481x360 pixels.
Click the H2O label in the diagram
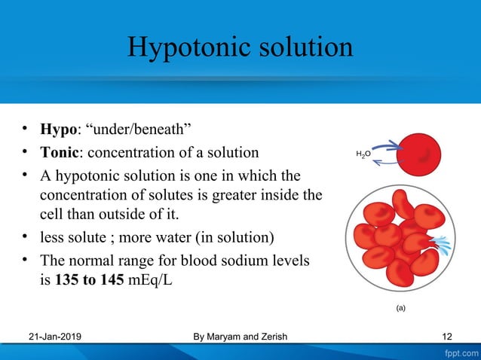[363, 154]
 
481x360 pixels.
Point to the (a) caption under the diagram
[400, 308]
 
